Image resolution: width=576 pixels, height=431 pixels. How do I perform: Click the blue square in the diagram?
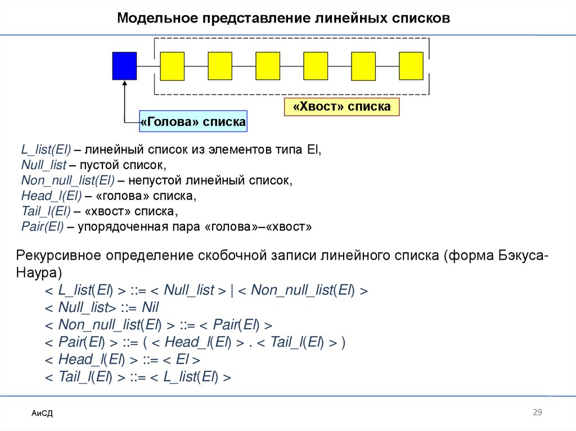pyautogui.click(x=124, y=66)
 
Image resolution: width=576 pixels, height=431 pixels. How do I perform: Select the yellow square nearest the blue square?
pyautogui.click(x=172, y=66)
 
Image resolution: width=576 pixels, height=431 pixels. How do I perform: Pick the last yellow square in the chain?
pyautogui.click(x=411, y=66)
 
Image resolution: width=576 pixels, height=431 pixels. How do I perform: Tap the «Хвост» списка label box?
pyautogui.click(x=341, y=106)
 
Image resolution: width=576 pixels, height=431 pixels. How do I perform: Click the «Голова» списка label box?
pyautogui.click(x=193, y=121)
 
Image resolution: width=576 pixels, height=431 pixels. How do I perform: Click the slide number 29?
pyautogui.click(x=537, y=413)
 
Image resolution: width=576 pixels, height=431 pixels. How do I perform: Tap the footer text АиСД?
pyautogui.click(x=42, y=414)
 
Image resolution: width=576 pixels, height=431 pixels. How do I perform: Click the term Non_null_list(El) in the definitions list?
pyautogui.click(x=67, y=181)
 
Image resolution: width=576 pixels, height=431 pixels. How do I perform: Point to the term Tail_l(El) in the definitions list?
pyautogui.click(x=45, y=212)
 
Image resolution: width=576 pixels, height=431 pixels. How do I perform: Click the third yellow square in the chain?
pyautogui.click(x=268, y=66)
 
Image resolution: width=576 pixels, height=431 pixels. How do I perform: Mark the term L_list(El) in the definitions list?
pyautogui.click(x=46, y=150)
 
